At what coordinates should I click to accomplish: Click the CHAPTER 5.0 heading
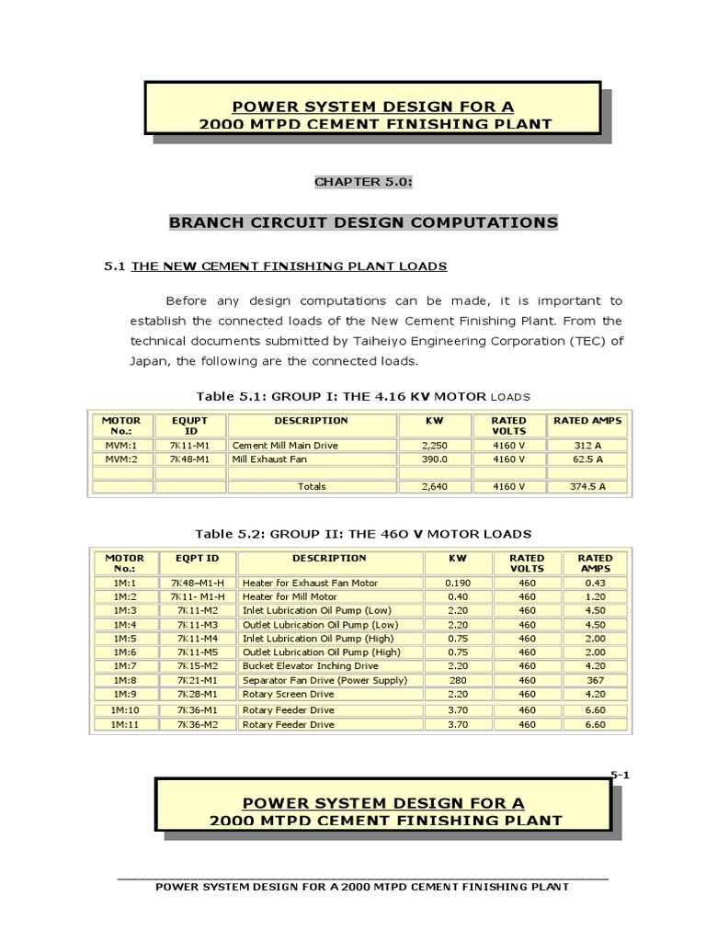pos(363,182)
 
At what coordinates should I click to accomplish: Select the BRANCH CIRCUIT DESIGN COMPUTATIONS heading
pos(362,222)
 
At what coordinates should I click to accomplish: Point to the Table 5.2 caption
pos(363,534)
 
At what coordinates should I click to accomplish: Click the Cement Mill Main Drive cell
pos(273,444)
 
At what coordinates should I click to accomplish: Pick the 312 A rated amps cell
pos(587,444)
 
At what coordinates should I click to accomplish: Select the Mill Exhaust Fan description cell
pos(269,458)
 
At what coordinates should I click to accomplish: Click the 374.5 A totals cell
pos(587,487)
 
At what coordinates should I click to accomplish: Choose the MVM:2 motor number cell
pos(120,458)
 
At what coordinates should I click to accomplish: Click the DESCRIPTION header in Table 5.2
pos(329,558)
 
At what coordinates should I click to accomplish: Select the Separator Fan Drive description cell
pos(311,681)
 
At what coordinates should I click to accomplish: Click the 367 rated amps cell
pos(595,681)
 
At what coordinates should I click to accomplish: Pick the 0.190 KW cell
pos(457,584)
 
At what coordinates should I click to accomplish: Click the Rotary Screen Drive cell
pos(287,695)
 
